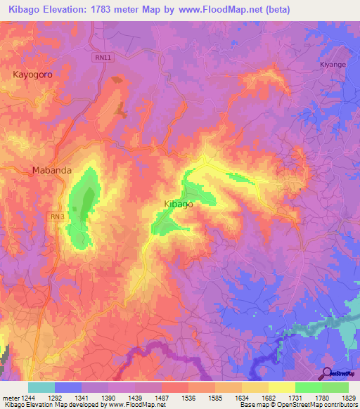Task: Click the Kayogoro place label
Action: [x=34, y=73]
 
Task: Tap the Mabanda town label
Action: [x=51, y=170]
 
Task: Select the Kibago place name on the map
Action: [x=178, y=204]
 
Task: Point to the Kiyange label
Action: [x=333, y=63]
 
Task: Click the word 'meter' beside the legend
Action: [x=10, y=397]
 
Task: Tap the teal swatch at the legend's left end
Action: [x=41, y=387]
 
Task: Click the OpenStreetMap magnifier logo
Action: [x=328, y=372]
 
